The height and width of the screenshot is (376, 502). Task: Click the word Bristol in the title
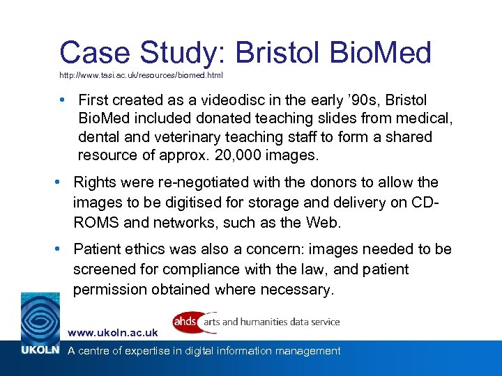269,52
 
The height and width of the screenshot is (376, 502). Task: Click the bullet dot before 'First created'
63,100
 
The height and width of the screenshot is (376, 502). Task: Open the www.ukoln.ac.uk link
112,334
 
